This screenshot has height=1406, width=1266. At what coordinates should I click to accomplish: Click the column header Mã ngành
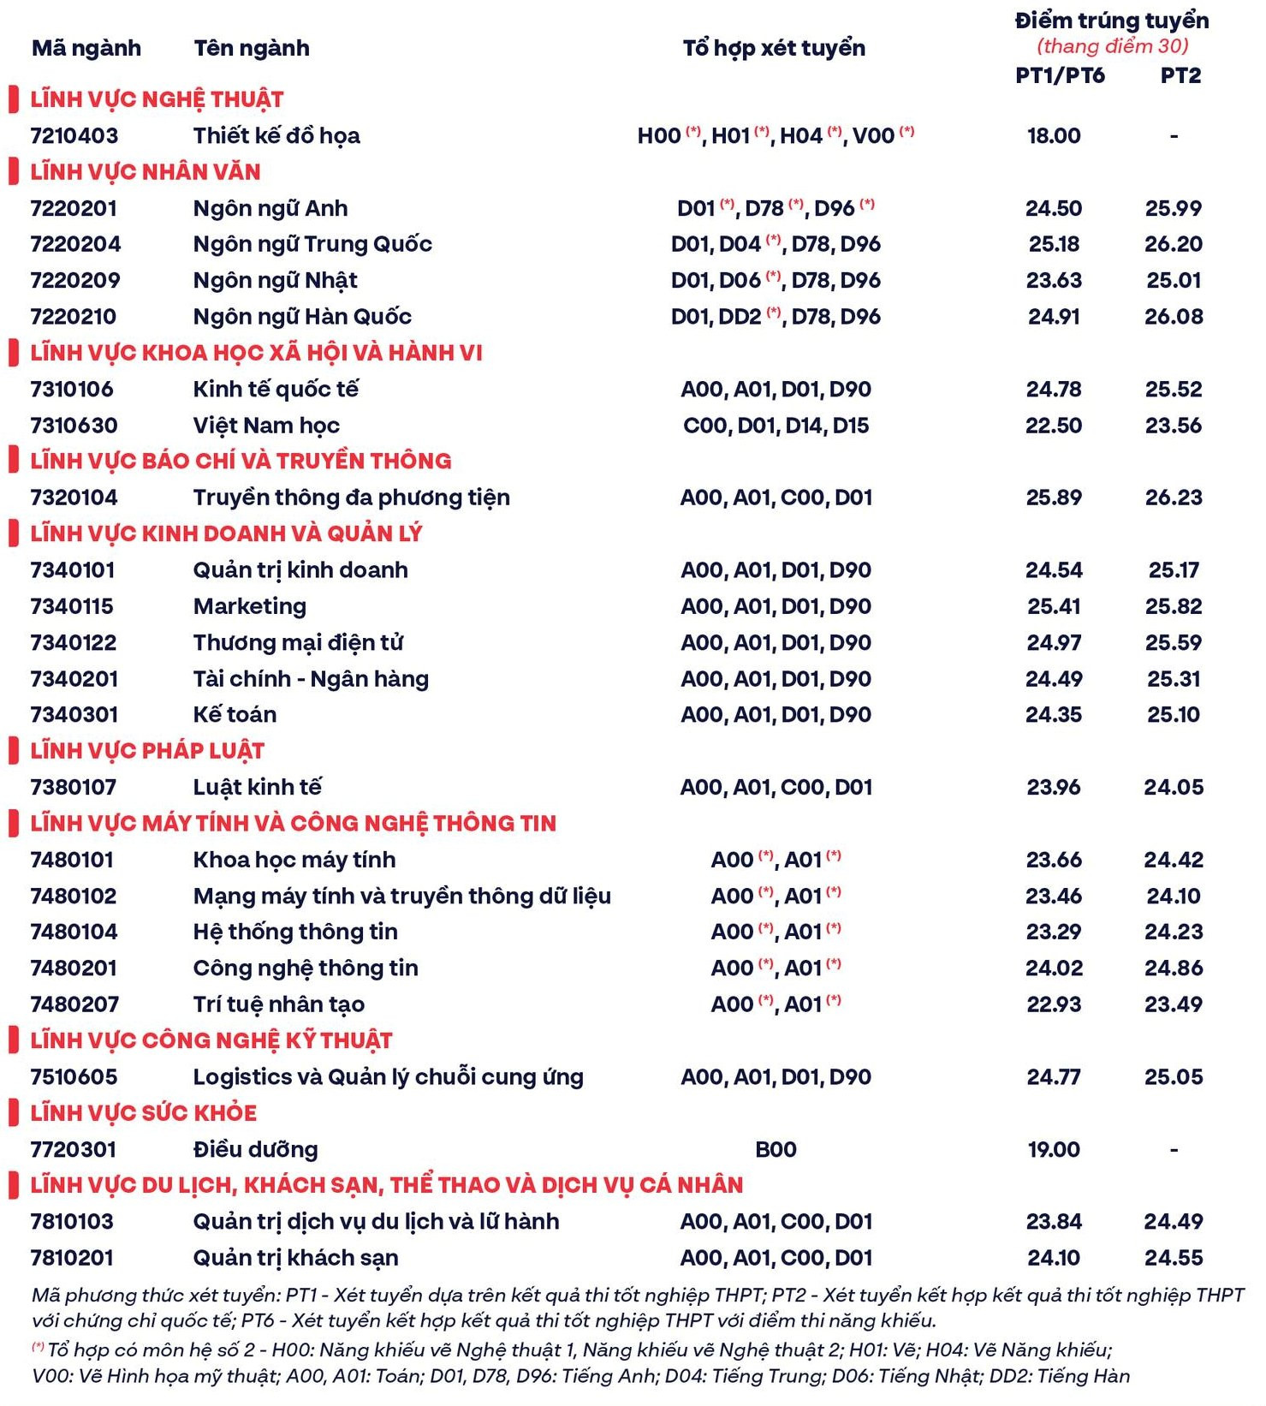coord(86,48)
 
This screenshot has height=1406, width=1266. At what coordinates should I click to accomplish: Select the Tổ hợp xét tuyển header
coord(774,48)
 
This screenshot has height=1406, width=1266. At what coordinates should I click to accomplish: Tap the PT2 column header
coord(1180,75)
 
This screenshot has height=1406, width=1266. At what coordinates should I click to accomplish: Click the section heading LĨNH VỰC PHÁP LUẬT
coord(147,751)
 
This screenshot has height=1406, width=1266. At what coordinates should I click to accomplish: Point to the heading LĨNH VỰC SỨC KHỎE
coord(143,1113)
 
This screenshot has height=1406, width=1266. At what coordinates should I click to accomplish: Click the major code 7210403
coord(74,135)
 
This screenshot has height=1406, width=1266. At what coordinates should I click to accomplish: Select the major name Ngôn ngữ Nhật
coord(275,280)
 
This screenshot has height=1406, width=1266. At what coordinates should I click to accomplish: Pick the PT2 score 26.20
coord(1174,244)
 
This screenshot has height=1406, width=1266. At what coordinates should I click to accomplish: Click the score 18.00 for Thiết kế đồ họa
coord(1054,135)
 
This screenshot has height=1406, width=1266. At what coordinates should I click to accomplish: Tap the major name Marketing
coord(249,606)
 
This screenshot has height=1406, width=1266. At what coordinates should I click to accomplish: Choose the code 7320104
coord(74,497)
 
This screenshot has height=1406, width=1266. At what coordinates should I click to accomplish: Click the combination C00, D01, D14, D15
coord(776,426)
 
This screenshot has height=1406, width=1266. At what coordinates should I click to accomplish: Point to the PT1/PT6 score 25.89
coord(1054,497)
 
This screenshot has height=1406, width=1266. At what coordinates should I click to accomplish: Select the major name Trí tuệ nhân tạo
coord(278,1004)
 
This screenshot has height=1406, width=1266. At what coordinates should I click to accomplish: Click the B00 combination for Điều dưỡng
coord(776,1149)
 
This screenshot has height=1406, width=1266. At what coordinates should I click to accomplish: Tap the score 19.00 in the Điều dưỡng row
coord(1054,1149)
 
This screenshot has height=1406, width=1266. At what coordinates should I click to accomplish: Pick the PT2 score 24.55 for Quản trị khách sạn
coord(1174,1258)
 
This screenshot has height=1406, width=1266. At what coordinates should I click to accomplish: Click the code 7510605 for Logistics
coord(74,1077)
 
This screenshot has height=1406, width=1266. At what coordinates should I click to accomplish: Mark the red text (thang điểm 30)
coord(1112,45)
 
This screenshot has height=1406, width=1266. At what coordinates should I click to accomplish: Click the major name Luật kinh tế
coord(257,787)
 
